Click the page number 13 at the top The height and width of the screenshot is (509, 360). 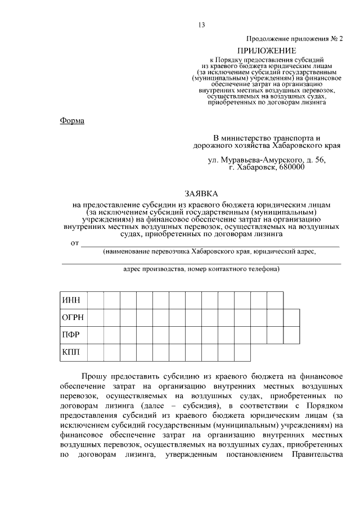pos(201,24)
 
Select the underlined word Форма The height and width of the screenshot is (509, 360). pos(71,120)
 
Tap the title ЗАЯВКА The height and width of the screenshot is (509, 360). pos(201,193)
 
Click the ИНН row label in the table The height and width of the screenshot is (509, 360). pos(70,300)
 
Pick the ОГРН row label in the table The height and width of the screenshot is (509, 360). pos(72,317)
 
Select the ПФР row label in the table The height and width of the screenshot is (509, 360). pos(70,335)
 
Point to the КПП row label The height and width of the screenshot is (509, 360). pos(70,352)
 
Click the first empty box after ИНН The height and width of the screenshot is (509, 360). pos(95,300)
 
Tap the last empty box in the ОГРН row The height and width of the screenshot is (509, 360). pos(291,317)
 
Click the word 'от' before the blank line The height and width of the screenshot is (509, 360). pos(74,243)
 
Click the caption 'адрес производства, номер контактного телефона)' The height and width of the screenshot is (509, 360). pos(201,269)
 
